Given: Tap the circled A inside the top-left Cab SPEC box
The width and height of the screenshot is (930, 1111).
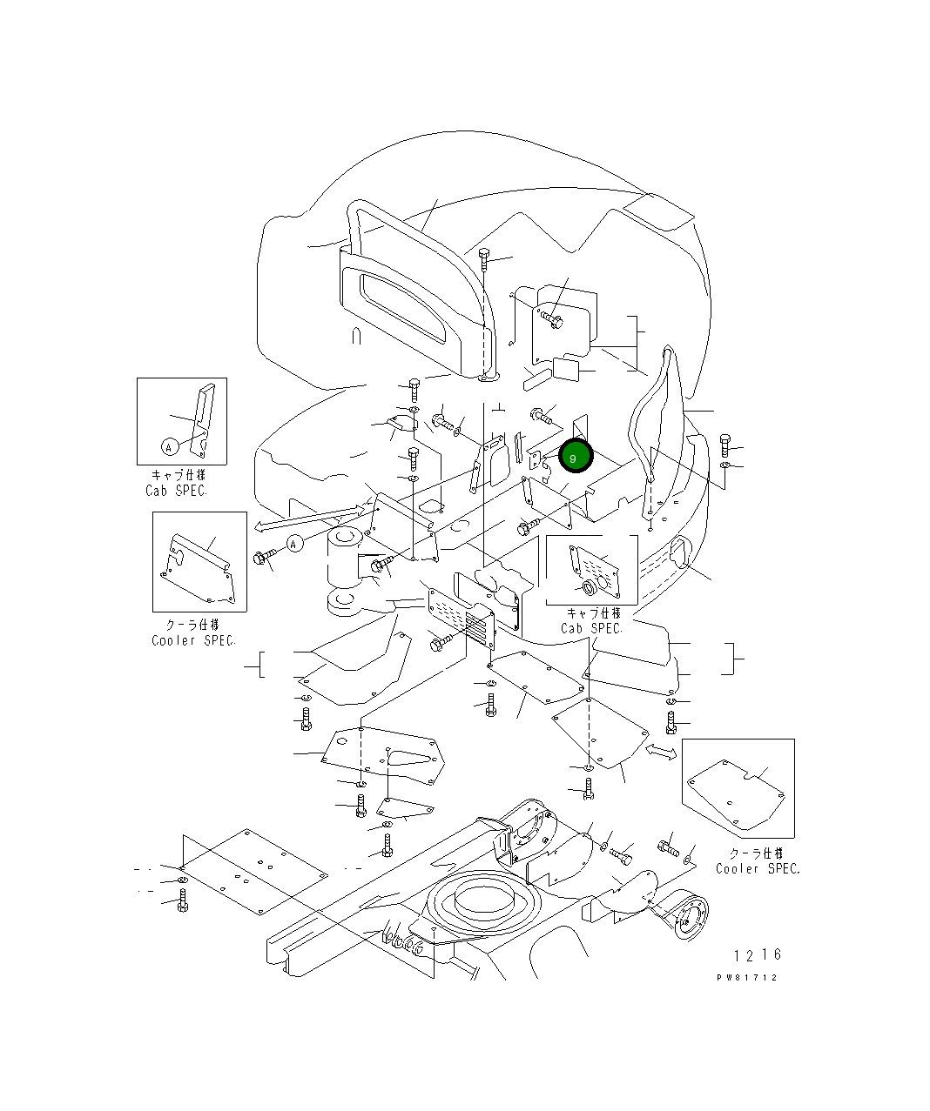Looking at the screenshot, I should [x=169, y=447].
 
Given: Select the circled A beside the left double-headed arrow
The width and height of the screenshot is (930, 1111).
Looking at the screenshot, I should [x=294, y=545].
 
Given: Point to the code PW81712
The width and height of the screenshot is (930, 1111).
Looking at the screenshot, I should [x=746, y=977].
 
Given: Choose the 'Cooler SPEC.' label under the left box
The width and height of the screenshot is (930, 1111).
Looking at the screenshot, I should [x=193, y=640].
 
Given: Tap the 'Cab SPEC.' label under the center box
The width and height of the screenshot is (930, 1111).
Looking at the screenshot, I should [x=591, y=628].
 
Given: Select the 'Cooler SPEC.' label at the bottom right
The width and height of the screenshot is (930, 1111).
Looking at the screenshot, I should [x=758, y=868].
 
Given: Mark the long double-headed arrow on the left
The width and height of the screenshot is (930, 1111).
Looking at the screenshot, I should [x=309, y=517].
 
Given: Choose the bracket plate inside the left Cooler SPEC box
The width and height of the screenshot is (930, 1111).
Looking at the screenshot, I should [x=199, y=570].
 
